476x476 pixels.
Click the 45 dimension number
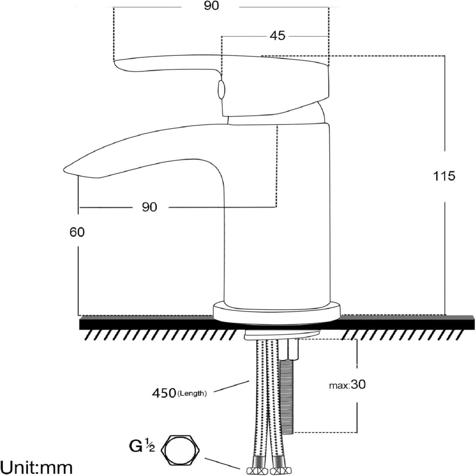pyautogui.click(x=277, y=36)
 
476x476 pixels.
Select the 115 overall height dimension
pyautogui.click(x=444, y=176)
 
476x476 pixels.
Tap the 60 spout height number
pyautogui.click(x=77, y=232)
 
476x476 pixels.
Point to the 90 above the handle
pyautogui.click(x=211, y=6)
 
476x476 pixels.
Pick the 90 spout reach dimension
pyautogui.click(x=149, y=207)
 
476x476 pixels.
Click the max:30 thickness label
pyautogui.click(x=347, y=385)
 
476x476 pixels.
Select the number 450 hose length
pyautogui.click(x=164, y=393)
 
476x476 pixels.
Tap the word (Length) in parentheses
pyautogui.click(x=192, y=393)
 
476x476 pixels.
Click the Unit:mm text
pyautogui.click(x=37, y=468)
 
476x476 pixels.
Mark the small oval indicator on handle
pyautogui.click(x=221, y=89)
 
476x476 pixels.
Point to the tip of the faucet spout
pyautogui.click(x=67, y=169)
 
